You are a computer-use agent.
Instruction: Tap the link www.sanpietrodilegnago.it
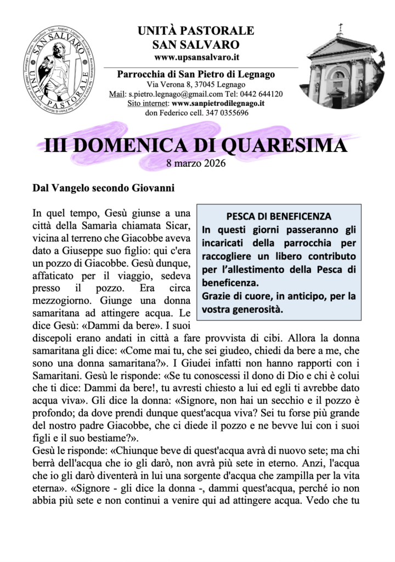click(x=218, y=103)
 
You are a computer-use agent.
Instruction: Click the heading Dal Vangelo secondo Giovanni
click(x=103, y=188)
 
